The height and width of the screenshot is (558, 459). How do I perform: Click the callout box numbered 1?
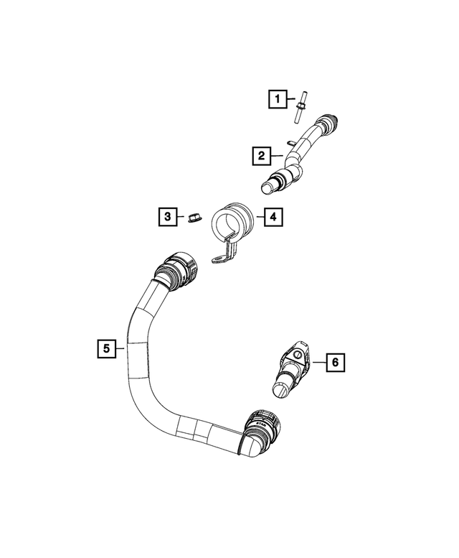(x=278, y=98)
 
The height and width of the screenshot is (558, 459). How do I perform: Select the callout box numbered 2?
(x=262, y=156)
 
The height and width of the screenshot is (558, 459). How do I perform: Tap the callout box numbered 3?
(x=168, y=216)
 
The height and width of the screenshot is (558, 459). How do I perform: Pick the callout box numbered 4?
(x=273, y=217)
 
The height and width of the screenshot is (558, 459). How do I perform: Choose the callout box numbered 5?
(x=107, y=348)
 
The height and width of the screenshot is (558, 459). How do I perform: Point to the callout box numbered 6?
(x=336, y=363)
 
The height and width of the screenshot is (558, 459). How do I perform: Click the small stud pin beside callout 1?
(x=299, y=107)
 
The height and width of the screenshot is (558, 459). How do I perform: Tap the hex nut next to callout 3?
(x=194, y=217)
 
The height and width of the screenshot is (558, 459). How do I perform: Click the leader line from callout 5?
(x=120, y=348)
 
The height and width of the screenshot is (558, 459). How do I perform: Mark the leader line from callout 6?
(x=319, y=362)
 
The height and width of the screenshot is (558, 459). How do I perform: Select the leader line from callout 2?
(x=277, y=156)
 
